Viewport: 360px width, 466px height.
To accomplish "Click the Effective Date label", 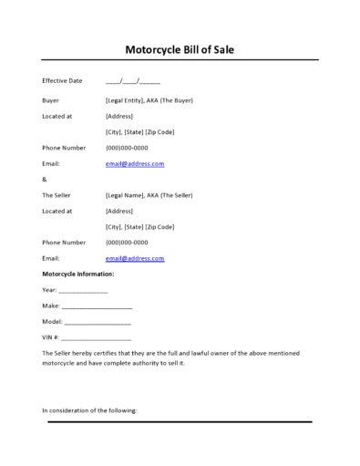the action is [x=62, y=81].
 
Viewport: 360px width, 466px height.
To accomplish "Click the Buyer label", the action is [x=50, y=99].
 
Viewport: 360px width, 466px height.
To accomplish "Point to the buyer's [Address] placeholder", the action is [x=120, y=116].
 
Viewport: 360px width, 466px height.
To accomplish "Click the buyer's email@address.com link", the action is [x=135, y=163].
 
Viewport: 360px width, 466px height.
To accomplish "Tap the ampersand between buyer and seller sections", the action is [x=45, y=179].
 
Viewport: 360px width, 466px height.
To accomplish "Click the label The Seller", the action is [x=57, y=195].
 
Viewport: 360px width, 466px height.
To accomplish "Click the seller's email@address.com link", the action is [x=135, y=258].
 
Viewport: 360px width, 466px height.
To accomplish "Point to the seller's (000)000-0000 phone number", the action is [x=127, y=243].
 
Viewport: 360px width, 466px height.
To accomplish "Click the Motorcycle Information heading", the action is [x=78, y=274].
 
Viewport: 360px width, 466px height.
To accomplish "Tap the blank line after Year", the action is [x=83, y=290].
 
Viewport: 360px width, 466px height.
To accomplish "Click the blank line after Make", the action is [x=97, y=306].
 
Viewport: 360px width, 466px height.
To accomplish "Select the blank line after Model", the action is [x=98, y=322].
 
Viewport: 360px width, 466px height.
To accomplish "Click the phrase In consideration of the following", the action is [x=89, y=410].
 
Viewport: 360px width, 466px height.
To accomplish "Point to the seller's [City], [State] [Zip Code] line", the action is [x=140, y=226].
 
